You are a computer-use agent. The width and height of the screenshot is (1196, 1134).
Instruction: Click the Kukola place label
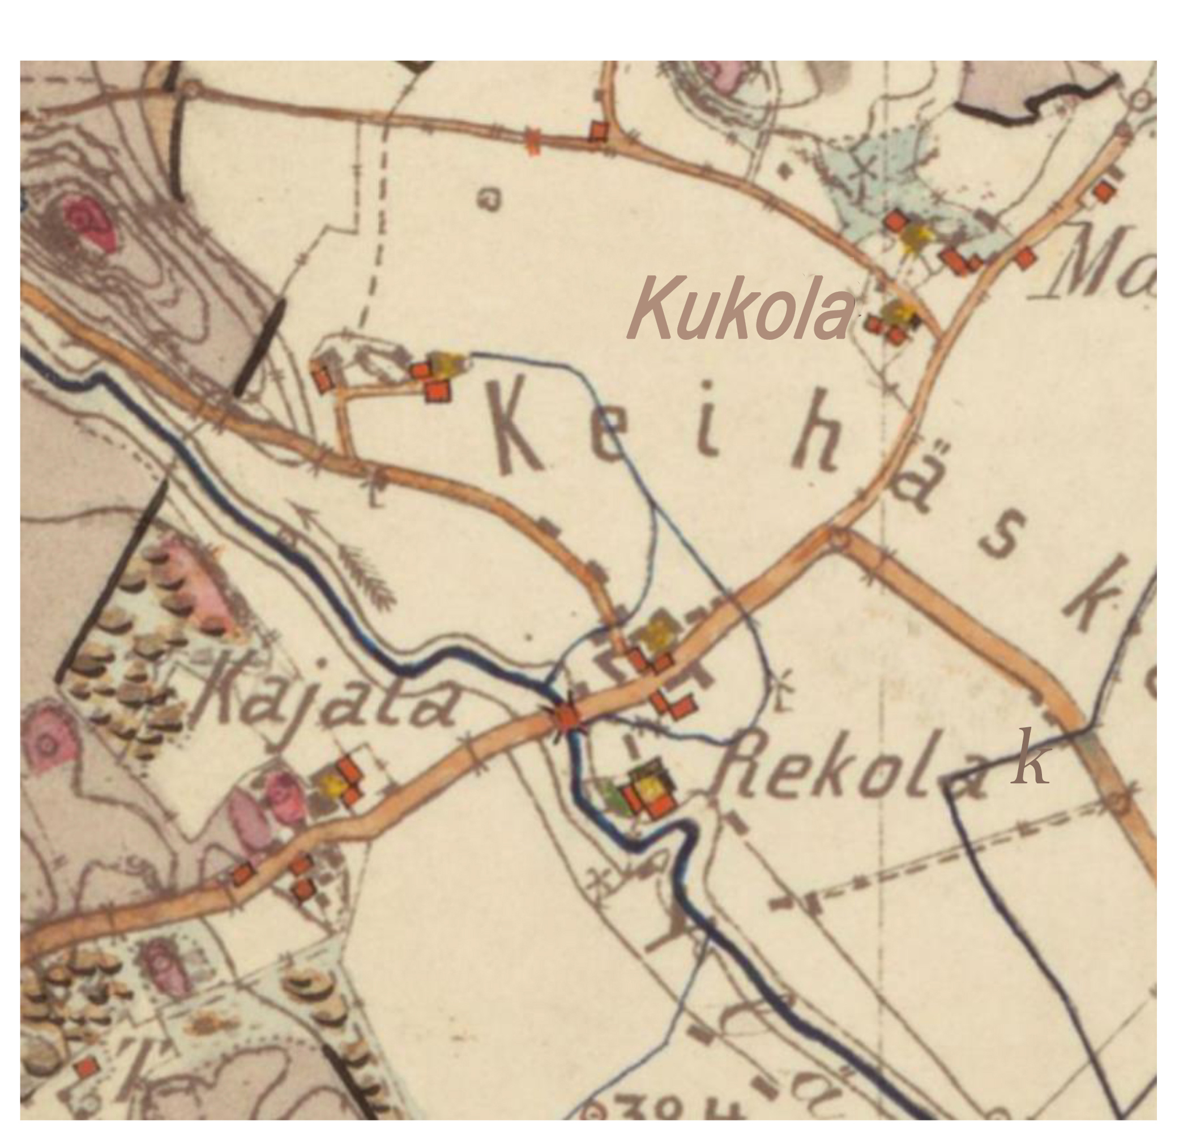[741, 308]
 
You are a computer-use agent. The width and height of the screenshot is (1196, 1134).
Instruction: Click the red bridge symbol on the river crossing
[566, 718]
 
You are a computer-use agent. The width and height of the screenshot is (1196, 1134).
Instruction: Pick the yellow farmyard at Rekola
[650, 786]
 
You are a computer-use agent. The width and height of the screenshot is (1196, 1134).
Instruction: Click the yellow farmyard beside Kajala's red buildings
[333, 785]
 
